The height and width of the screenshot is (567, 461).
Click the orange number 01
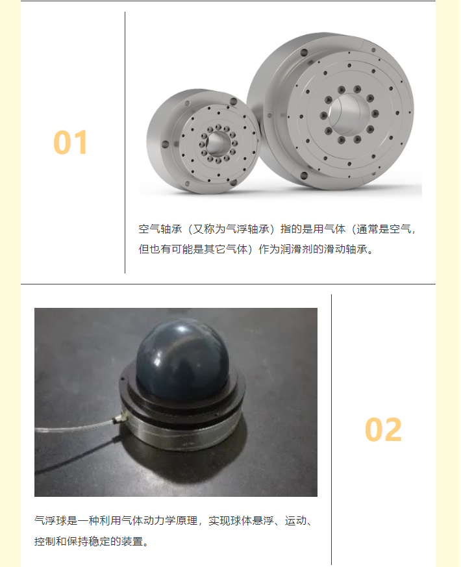coord(70,142)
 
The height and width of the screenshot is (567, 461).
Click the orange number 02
coord(383,429)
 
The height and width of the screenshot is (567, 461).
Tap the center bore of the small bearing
coord(218,143)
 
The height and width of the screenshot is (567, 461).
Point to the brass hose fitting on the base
coord(119,419)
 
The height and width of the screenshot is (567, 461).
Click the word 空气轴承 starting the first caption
coord(160,229)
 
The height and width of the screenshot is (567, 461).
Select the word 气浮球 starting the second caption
coord(51,521)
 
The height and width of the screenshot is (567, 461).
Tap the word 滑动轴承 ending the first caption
coord(345,249)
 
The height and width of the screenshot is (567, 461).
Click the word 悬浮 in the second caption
coord(263,521)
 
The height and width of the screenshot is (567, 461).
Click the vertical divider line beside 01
coord(125,142)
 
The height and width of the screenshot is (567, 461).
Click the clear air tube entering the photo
coord(75,426)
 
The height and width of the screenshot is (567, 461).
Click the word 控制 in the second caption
coord(45,541)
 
